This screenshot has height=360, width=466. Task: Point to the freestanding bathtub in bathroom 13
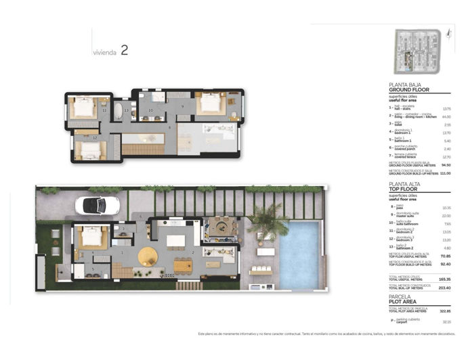(x=119, y=111)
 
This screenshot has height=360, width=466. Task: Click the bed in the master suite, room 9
(x=211, y=105)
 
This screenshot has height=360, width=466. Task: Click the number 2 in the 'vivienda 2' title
(x=124, y=50)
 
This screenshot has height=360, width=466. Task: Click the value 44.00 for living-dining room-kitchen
(x=446, y=117)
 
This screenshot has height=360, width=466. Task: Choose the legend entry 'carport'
(x=404, y=322)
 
